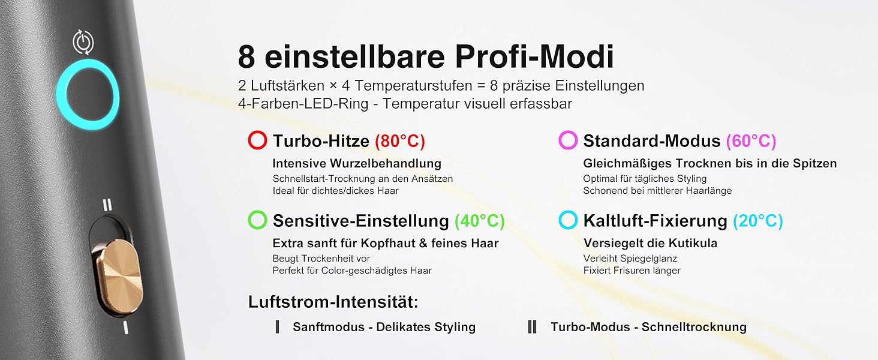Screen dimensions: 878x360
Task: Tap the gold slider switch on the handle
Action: (x=118, y=276)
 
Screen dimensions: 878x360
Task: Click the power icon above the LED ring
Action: (x=83, y=41)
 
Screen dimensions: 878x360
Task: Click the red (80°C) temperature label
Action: (x=400, y=141)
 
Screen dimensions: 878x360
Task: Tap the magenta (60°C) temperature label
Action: (x=751, y=141)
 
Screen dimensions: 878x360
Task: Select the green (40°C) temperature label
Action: (x=479, y=221)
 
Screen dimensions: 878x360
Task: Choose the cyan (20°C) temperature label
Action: (x=757, y=221)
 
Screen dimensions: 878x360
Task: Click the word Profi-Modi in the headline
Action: (x=534, y=57)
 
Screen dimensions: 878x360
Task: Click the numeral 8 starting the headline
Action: (x=246, y=57)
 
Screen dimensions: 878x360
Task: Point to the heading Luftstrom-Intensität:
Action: (x=333, y=302)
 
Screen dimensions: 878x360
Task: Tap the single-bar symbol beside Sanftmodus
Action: (x=278, y=326)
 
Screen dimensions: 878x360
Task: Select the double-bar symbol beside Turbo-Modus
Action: (x=532, y=326)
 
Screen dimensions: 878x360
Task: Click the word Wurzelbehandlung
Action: (x=386, y=164)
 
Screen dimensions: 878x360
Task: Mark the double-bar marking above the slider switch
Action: (x=107, y=205)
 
